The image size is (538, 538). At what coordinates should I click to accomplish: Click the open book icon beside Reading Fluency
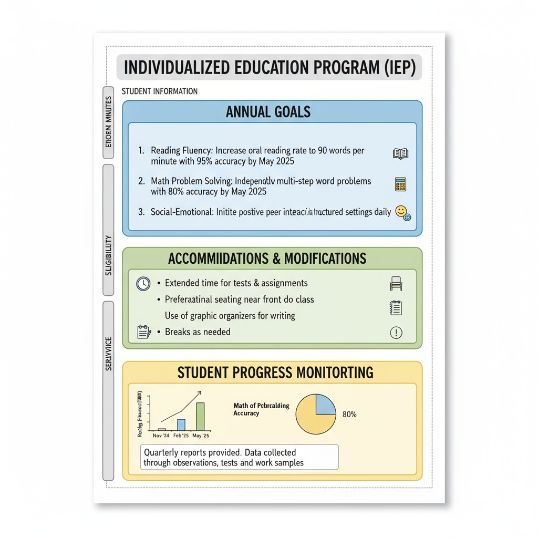[400, 154]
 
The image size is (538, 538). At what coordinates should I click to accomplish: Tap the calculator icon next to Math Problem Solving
[400, 184]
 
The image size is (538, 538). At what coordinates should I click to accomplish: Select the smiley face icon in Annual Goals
[402, 212]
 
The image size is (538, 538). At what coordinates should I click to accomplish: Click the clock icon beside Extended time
[143, 284]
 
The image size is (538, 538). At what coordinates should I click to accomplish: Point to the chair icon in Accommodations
[396, 284]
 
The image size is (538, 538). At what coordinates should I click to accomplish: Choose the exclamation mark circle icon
[396, 332]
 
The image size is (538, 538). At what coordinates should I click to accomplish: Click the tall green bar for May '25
[200, 416]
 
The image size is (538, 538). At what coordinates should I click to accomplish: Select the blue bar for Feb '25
[181, 425]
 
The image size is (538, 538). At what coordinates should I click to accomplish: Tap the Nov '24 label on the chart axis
[161, 436]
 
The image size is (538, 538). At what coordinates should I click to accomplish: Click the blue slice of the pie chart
[325, 406]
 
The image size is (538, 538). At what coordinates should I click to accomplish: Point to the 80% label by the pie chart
[349, 415]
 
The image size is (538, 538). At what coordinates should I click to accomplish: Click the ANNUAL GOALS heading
[268, 112]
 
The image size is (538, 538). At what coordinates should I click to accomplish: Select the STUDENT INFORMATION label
[160, 91]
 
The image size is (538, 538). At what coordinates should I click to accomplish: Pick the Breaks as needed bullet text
[198, 332]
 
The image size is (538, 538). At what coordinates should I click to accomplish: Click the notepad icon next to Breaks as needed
[143, 332]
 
